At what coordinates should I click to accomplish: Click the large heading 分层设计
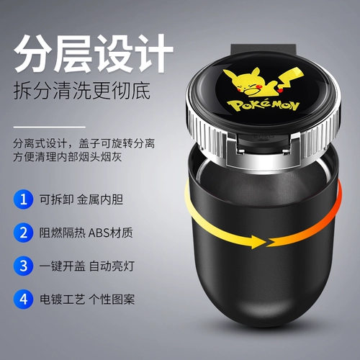pyautogui.click(x=94, y=53)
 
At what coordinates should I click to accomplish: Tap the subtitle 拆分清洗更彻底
pyautogui.click(x=82, y=91)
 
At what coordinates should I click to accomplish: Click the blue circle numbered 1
pyautogui.click(x=23, y=199)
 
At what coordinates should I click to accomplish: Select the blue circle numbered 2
pyautogui.click(x=23, y=233)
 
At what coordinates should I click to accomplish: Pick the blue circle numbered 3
pyautogui.click(x=23, y=266)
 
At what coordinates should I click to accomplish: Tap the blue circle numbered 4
pyautogui.click(x=23, y=299)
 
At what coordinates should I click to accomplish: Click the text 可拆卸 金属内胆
pyautogui.click(x=81, y=199)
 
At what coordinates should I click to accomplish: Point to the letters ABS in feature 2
pyautogui.click(x=99, y=233)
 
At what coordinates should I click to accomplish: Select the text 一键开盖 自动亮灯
pyautogui.click(x=86, y=266)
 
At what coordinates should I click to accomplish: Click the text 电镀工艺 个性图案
pyautogui.click(x=87, y=300)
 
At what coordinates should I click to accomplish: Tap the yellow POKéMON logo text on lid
pyautogui.click(x=264, y=106)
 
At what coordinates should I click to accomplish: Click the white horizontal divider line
pyautogui.click(x=50, y=127)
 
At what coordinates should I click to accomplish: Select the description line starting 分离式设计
pyautogui.click(x=84, y=143)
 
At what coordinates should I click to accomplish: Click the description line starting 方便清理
pyautogui.click(x=68, y=157)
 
